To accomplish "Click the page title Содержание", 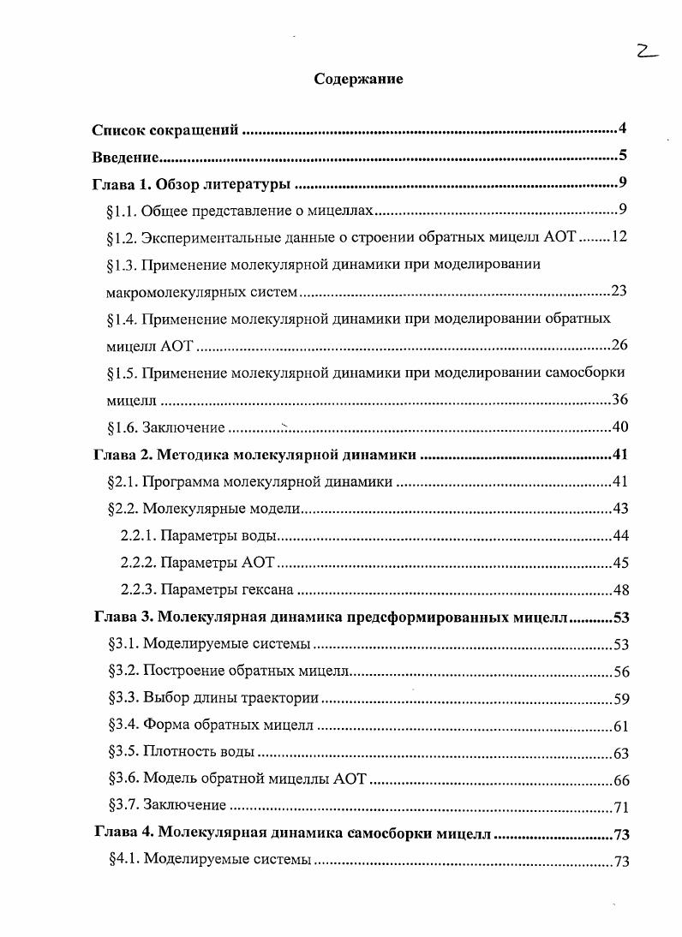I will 358,79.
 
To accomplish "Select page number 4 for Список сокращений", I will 624,129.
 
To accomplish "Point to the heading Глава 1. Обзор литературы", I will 192,183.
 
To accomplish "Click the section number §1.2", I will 123,237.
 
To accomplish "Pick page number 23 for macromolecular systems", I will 619,291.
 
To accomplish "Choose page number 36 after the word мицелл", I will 619,400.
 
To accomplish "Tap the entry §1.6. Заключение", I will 166,427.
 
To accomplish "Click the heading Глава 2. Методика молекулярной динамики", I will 254,455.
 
